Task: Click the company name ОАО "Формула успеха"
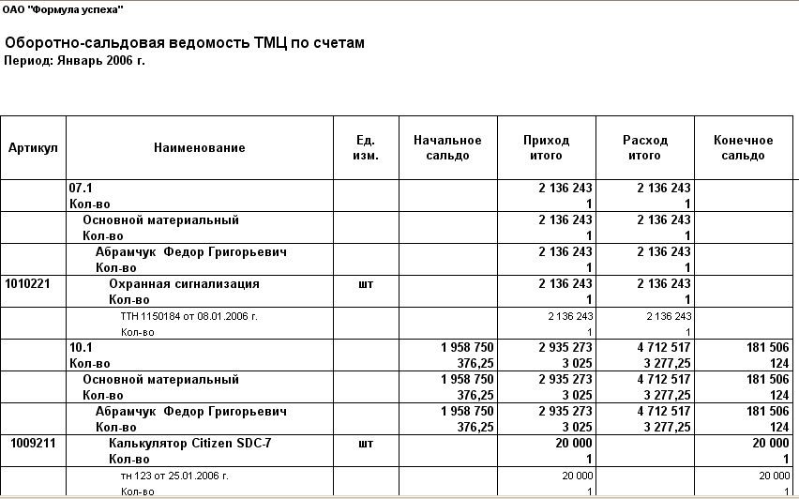[63, 8]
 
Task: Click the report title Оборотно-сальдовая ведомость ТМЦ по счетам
[184, 43]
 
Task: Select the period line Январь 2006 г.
[75, 61]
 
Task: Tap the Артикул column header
[33, 148]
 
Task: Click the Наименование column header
[200, 148]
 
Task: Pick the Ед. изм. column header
[366, 148]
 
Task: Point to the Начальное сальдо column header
[447, 148]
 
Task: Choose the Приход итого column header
[546, 148]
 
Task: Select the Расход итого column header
[645, 148]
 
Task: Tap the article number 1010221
[28, 283]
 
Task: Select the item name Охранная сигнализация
[184, 283]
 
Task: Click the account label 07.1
[81, 188]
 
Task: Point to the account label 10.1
[81, 347]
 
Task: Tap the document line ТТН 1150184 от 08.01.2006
[188, 316]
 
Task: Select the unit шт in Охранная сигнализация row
[366, 283]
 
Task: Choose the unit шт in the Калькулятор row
[366, 443]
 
